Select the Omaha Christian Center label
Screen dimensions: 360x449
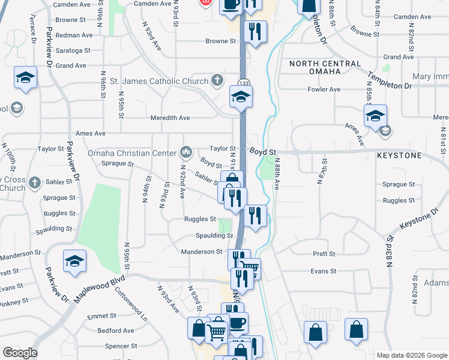click(133, 152)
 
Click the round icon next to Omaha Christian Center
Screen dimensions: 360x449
click(187, 151)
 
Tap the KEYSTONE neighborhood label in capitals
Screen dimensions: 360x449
click(399, 155)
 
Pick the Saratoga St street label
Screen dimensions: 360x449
click(73, 50)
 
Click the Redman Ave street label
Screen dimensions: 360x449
click(73, 35)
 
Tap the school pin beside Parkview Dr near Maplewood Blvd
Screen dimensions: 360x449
click(74, 262)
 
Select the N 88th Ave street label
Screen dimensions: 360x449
click(277, 174)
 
